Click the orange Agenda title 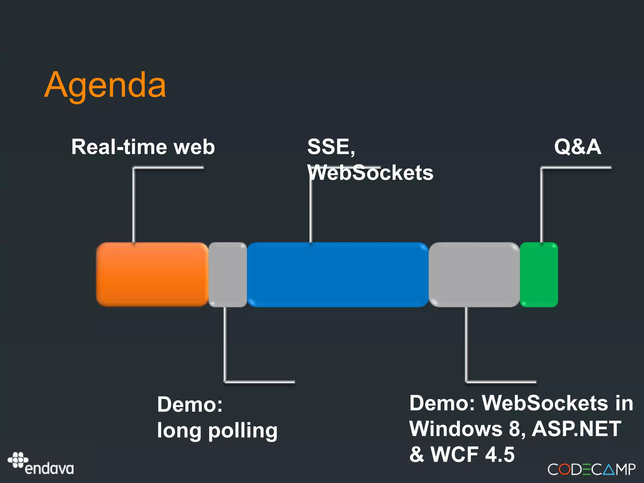(x=105, y=85)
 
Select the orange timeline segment (x=152, y=274)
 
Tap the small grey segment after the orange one (x=228, y=274)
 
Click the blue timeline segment (x=338, y=274)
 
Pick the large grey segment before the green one (x=474, y=274)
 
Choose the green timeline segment (x=539, y=274)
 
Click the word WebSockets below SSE (x=370, y=173)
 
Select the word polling (x=243, y=431)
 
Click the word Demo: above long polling (x=190, y=404)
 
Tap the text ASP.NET (x=576, y=429)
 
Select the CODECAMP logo (x=591, y=469)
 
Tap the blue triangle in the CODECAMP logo (x=609, y=469)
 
